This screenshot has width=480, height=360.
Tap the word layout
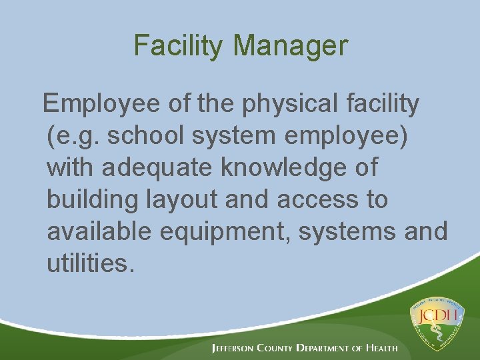pos(176,200)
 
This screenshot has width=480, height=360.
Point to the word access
pos(315,200)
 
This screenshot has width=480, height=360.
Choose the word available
pos(99,232)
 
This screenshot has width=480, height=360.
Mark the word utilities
pos(91,263)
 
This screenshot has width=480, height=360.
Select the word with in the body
pos(70,168)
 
